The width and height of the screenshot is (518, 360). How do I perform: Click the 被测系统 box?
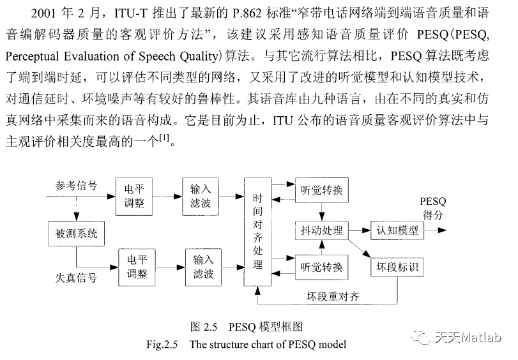coord(76,234)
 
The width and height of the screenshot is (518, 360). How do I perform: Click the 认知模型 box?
coord(397,230)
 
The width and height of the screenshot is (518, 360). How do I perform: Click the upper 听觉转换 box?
coord(322,191)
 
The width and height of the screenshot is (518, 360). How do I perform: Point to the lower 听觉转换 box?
coord(322,267)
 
